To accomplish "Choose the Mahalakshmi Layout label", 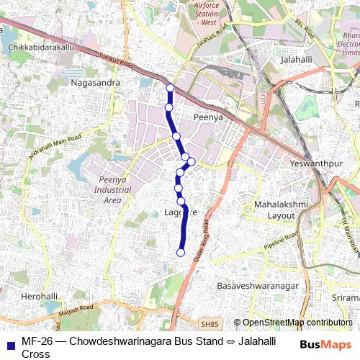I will pyautogui.click(x=281, y=210).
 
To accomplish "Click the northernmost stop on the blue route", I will pyautogui.click(x=170, y=88).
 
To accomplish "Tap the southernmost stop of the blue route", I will pyautogui.click(x=181, y=252).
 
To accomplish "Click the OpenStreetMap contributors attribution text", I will pyautogui.click(x=297, y=323).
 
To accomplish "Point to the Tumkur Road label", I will pyautogui.click(x=117, y=60).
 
